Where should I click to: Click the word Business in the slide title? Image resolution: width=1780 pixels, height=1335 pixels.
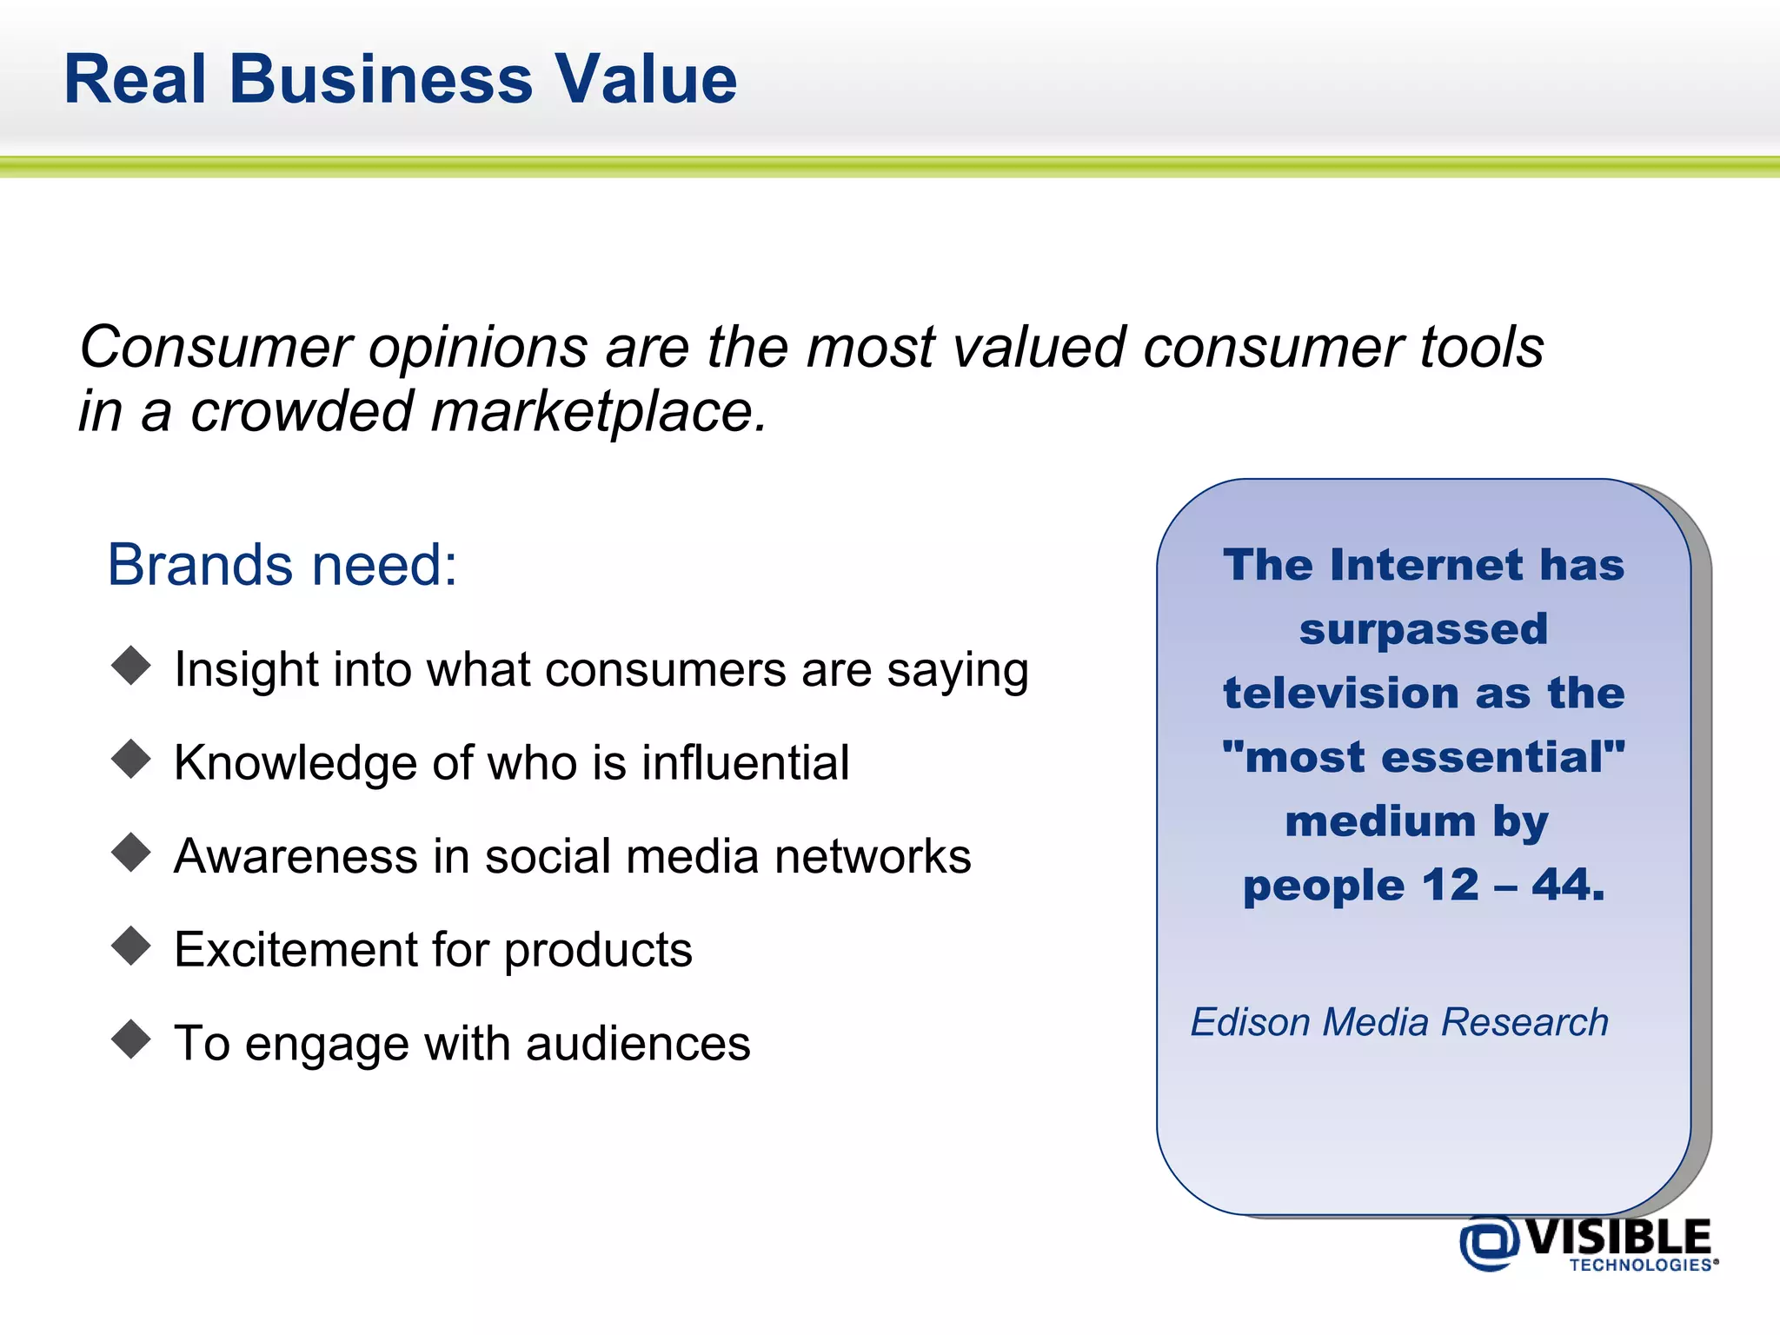click(x=381, y=80)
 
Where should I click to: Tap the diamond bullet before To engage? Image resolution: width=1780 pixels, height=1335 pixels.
click(x=131, y=1039)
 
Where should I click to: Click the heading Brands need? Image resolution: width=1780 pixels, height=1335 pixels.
click(x=282, y=566)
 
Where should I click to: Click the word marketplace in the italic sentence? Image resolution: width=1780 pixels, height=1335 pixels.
click(x=599, y=412)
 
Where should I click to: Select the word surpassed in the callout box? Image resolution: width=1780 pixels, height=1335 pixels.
click(x=1423, y=629)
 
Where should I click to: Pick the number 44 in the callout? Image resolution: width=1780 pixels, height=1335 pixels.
click(x=1567, y=886)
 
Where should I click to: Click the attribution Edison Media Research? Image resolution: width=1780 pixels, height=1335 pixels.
click(x=1399, y=1022)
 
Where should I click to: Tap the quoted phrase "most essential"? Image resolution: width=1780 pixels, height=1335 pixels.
click(x=1423, y=757)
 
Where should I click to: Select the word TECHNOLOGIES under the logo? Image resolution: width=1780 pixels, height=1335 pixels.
click(x=1640, y=1265)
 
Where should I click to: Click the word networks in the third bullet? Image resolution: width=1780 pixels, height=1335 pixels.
click(x=873, y=857)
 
